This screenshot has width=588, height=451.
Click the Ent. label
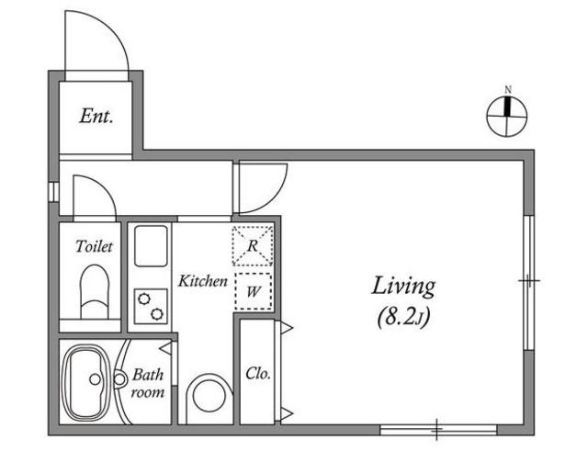pos(96,117)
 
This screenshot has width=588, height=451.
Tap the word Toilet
pos(94,247)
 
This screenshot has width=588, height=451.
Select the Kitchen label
pos(202,281)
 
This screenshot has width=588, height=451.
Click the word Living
pos(403,288)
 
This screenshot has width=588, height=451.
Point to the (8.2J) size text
pos(403,318)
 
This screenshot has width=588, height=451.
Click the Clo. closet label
pos(258,374)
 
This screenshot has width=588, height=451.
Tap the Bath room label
pos(148,383)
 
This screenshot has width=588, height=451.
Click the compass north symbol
pos(506,117)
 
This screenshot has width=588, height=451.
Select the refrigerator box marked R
pos(253,246)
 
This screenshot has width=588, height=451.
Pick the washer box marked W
pos(254,291)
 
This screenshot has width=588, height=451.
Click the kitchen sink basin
pos(151,246)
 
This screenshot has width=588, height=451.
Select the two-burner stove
pos(151,306)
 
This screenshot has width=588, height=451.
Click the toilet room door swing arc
pos(105,186)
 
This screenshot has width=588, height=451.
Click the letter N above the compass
pos(508,90)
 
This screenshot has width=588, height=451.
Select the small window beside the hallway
pos(53,192)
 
